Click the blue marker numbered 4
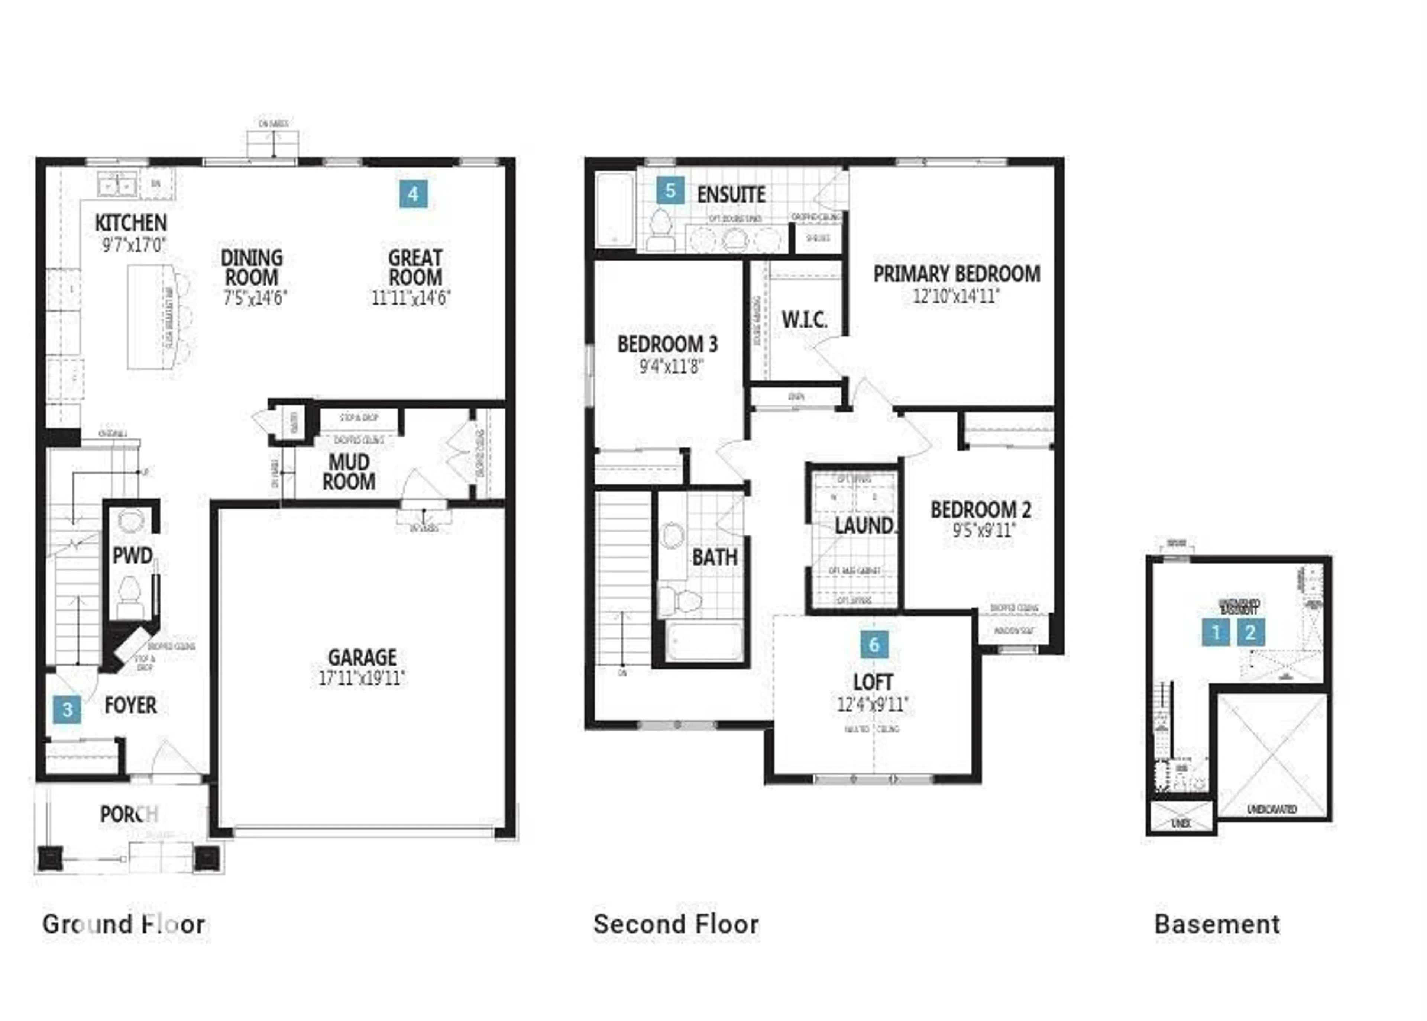[x=413, y=194]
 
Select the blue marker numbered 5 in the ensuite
[x=670, y=190]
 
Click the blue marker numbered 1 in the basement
[x=1215, y=632]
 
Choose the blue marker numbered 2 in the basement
[x=1250, y=632]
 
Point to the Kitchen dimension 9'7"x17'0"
[x=134, y=245]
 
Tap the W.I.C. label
[x=804, y=320]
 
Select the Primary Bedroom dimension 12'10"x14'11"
[x=956, y=296]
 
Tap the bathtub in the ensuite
[x=615, y=210]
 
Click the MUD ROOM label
[x=349, y=472]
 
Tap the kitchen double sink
[x=117, y=186]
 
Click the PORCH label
[x=129, y=814]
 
